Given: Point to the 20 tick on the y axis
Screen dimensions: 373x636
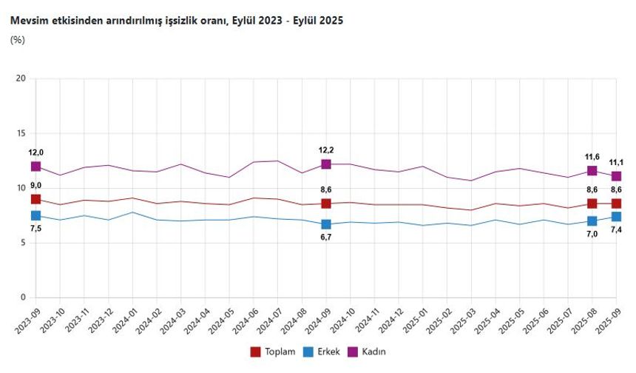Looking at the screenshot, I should pos(21,78).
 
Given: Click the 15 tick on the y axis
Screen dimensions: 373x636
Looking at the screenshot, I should pos(21,133).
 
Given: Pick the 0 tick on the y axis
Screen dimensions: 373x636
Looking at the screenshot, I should pos(24,298).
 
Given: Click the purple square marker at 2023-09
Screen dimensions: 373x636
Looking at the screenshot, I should pos(35,167).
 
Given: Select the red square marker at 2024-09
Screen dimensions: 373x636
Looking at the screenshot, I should pos(325,204).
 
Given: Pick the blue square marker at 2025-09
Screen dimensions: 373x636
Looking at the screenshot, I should pos(615,217).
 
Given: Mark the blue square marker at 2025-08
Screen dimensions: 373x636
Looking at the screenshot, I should pos(592,221).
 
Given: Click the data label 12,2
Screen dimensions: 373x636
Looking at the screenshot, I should pos(325,150).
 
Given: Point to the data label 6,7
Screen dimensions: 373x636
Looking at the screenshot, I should pos(325,237).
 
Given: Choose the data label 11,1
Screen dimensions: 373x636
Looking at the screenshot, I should pos(616,162).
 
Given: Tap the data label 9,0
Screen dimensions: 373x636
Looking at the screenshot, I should pos(35,185).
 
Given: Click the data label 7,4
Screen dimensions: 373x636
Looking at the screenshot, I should pos(616,231).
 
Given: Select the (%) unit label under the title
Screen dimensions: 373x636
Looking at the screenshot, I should pos(17,40).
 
